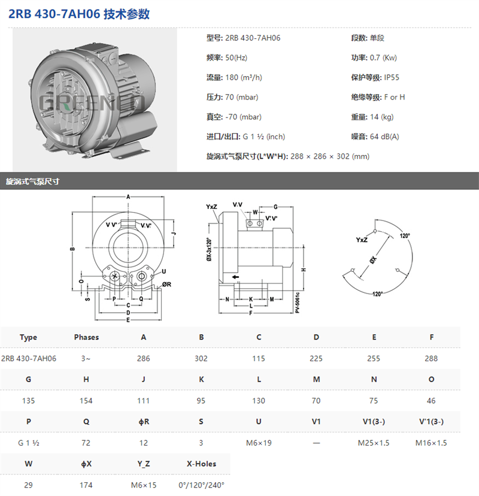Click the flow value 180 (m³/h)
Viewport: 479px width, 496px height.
tap(244, 77)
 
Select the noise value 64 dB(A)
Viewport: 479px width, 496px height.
tap(384, 137)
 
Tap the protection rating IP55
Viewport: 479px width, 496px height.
tap(392, 77)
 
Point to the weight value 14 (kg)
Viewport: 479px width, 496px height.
tap(381, 117)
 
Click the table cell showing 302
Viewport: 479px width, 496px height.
tap(201, 358)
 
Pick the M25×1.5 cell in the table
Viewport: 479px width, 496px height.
tap(374, 443)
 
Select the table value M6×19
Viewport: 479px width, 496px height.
tap(259, 443)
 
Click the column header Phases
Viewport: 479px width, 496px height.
tap(86, 337)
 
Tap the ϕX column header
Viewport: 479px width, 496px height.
tap(86, 464)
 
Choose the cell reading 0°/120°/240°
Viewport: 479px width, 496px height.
tap(201, 485)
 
